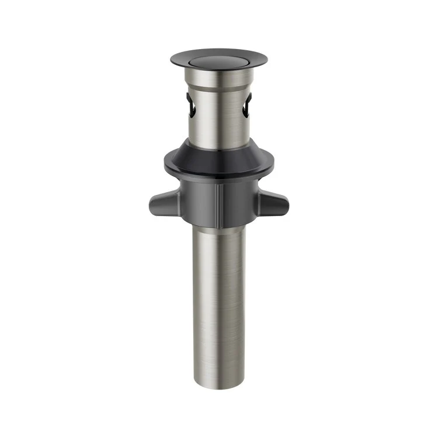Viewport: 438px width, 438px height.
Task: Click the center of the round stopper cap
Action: click(219, 58)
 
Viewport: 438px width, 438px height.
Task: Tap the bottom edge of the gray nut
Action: click(219, 227)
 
